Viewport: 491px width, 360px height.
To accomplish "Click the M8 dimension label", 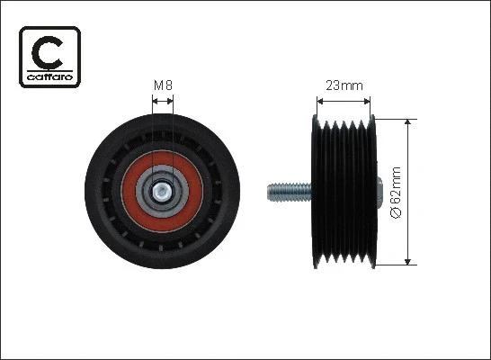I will point(163,85).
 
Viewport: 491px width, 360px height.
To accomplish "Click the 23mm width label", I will point(344,86).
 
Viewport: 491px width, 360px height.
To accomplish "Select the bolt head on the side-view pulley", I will point(380,191).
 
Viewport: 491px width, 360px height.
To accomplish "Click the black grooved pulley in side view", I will point(344,191).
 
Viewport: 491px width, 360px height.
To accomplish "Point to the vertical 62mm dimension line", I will point(410,191).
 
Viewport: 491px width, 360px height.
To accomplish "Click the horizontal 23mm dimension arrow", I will point(344,101).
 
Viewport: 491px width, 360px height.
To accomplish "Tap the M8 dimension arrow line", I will point(163,101).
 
